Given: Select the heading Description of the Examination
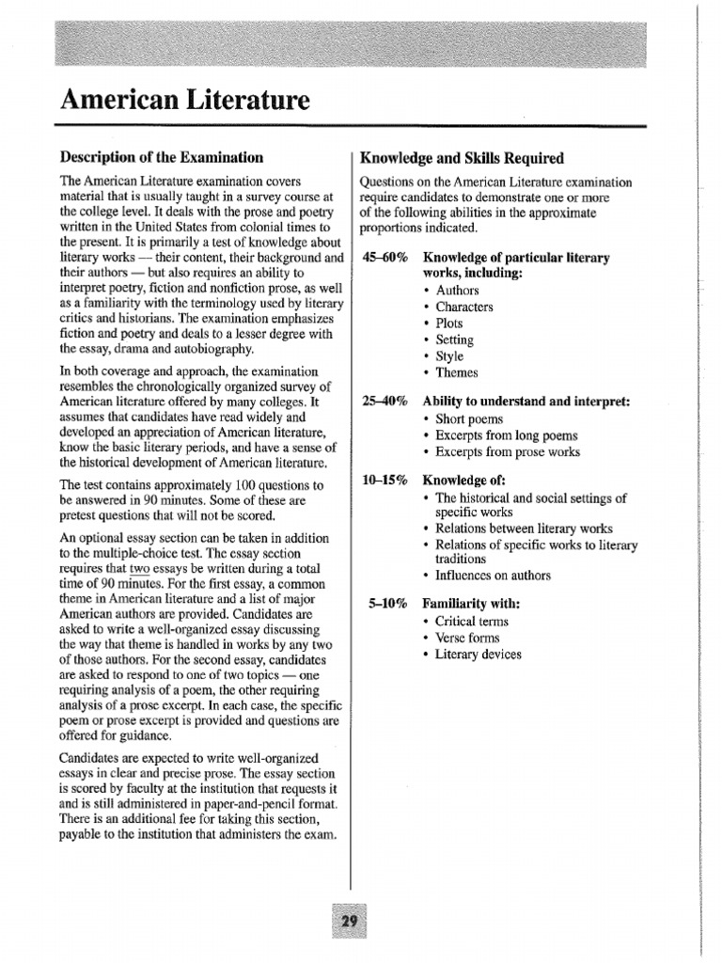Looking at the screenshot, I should (x=162, y=157).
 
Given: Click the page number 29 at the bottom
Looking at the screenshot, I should (x=351, y=921).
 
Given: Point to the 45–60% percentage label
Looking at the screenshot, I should (x=385, y=258).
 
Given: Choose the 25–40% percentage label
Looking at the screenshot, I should (x=385, y=402).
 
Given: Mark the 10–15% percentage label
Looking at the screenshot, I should (x=385, y=481).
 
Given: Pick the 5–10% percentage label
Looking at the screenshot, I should (x=387, y=604).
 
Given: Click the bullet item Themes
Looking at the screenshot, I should (x=456, y=372).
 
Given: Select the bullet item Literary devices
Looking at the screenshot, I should (x=479, y=655).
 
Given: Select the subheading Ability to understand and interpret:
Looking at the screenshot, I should (x=526, y=402).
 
